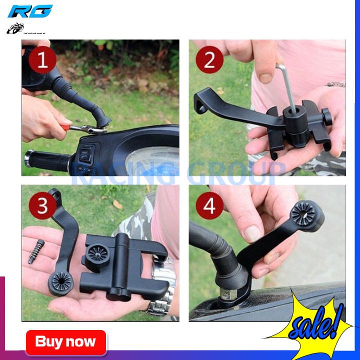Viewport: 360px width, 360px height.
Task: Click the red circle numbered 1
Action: click(x=42, y=61)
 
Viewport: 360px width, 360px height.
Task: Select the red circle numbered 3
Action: click(x=42, y=206)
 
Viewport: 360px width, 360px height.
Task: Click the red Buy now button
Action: click(x=66, y=342)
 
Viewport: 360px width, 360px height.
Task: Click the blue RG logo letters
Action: click(x=30, y=11)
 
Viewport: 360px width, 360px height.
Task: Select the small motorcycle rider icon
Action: click(x=15, y=27)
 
